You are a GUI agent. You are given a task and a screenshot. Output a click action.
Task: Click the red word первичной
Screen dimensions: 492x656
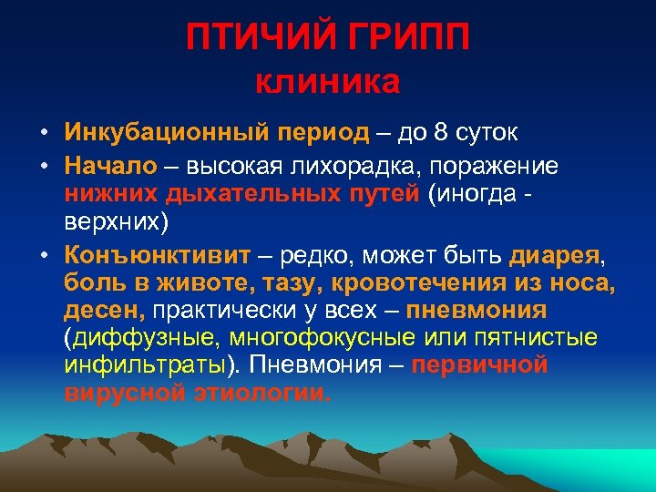480,366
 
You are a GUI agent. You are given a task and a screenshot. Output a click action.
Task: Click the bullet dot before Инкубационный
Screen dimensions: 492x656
44,135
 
